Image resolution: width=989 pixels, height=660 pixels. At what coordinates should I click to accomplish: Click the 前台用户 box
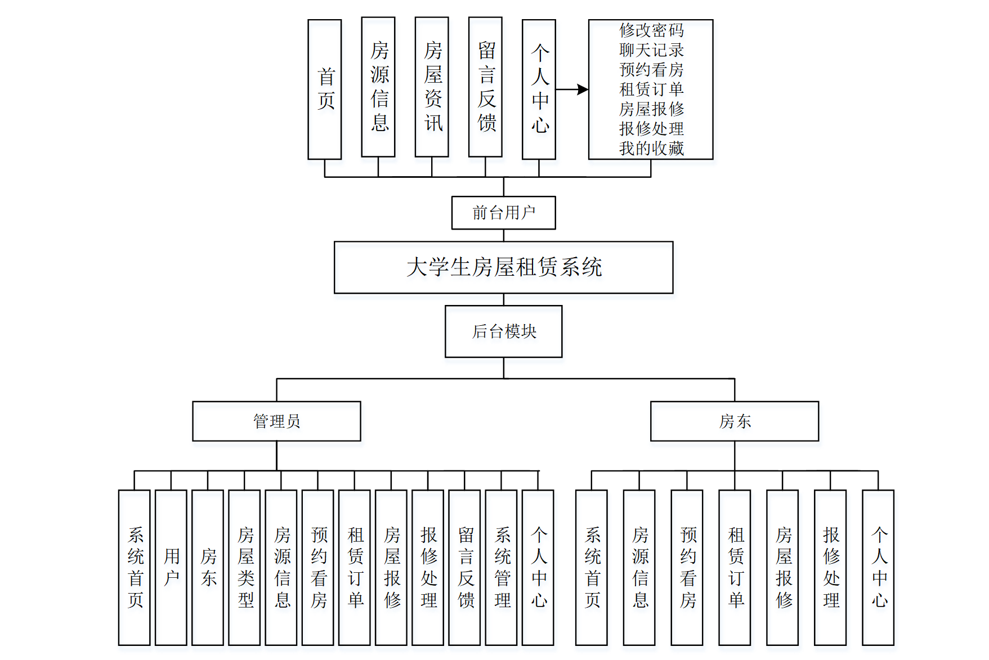(x=503, y=213)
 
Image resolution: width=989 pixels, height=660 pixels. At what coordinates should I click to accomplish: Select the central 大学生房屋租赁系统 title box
(x=503, y=267)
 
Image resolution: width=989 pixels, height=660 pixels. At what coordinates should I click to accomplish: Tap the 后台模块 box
(x=503, y=331)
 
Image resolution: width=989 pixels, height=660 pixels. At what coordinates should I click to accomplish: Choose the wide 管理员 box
(x=276, y=421)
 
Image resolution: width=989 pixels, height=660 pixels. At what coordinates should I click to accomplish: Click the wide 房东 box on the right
(x=734, y=421)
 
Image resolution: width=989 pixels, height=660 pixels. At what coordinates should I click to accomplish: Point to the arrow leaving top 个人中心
(x=572, y=89)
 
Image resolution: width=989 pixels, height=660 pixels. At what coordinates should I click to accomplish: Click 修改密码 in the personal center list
(x=651, y=30)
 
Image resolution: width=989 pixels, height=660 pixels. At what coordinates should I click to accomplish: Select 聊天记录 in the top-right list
(x=651, y=50)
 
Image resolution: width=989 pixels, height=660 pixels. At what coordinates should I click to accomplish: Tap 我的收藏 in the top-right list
(x=651, y=148)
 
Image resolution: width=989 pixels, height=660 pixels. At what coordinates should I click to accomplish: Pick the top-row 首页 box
(x=325, y=89)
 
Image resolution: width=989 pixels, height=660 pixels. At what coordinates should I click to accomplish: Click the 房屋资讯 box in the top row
(x=432, y=87)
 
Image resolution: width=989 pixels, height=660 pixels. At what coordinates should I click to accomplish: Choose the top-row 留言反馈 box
(x=485, y=87)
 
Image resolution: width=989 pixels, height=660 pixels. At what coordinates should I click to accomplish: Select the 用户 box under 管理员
(x=171, y=567)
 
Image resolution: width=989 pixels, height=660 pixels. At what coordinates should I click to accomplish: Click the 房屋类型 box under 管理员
(x=244, y=567)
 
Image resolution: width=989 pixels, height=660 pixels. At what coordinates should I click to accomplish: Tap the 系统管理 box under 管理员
(x=501, y=567)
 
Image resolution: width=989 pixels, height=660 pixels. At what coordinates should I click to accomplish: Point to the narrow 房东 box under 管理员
(x=208, y=567)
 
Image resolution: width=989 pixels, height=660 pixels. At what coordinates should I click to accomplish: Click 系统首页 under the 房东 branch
(x=591, y=567)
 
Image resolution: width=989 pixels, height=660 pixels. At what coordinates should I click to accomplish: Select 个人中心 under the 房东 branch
(x=878, y=567)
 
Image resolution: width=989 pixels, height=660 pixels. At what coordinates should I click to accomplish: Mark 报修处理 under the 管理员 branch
(x=428, y=567)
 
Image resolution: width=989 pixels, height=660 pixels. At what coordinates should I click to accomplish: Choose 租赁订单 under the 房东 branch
(x=735, y=567)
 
